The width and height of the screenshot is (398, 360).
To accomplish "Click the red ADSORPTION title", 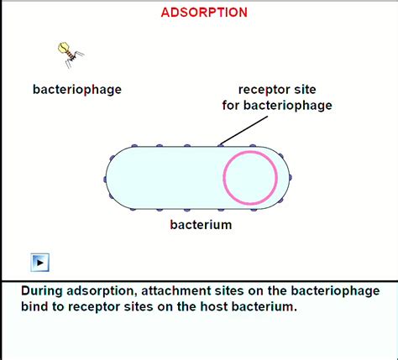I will pos(204,13).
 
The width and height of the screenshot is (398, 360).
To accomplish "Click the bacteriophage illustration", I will pos(69,54).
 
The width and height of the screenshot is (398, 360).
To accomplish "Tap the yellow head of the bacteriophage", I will pos(63,48).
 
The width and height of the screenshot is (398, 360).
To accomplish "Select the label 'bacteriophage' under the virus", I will pos(77,89).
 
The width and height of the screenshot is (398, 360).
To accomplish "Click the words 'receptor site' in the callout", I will pos(277,90).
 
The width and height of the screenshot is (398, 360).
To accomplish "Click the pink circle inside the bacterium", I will pos(250,178).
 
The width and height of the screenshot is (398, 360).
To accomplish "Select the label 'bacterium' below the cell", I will pos(201,225).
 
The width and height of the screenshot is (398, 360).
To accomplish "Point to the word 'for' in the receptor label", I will pos(232,106).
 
